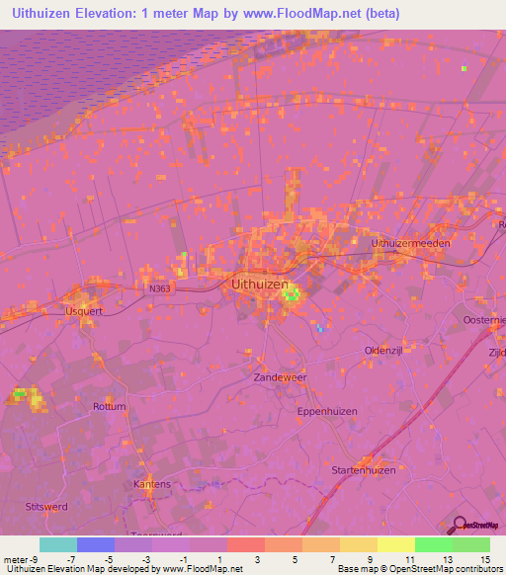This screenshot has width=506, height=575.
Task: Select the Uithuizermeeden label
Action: tap(410, 243)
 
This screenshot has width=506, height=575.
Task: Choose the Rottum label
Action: tap(110, 406)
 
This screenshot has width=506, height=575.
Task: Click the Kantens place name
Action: tap(152, 484)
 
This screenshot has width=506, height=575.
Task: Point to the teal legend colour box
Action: tap(58, 544)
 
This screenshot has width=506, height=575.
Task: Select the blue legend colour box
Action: tap(96, 544)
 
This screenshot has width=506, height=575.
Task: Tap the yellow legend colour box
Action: tap(395, 544)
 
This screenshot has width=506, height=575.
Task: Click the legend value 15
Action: tap(484, 559)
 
